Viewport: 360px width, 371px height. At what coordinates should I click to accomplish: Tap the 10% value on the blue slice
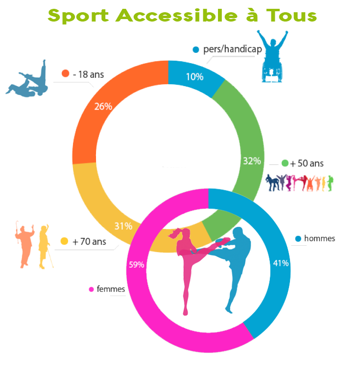(x=194, y=77)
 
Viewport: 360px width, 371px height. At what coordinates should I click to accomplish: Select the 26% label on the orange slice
(x=103, y=106)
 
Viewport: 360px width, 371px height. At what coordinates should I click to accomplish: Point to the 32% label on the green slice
(x=252, y=161)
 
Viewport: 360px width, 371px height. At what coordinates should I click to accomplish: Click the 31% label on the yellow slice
(x=123, y=226)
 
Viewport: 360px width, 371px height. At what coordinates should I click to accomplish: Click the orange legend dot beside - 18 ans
(x=65, y=74)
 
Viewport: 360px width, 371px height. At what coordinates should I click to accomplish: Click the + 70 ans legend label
(x=89, y=241)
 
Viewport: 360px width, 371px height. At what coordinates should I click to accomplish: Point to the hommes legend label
(x=320, y=238)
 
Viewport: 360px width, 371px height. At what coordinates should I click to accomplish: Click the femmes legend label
(x=111, y=289)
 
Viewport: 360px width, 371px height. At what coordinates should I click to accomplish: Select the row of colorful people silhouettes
(x=300, y=183)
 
